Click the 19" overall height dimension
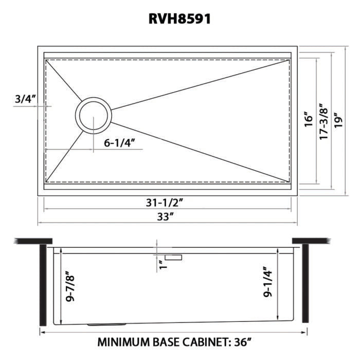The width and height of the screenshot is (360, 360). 337,119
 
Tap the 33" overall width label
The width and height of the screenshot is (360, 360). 165,217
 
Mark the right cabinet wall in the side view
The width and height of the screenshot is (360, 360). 305,283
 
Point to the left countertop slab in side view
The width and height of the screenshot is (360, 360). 33,241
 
